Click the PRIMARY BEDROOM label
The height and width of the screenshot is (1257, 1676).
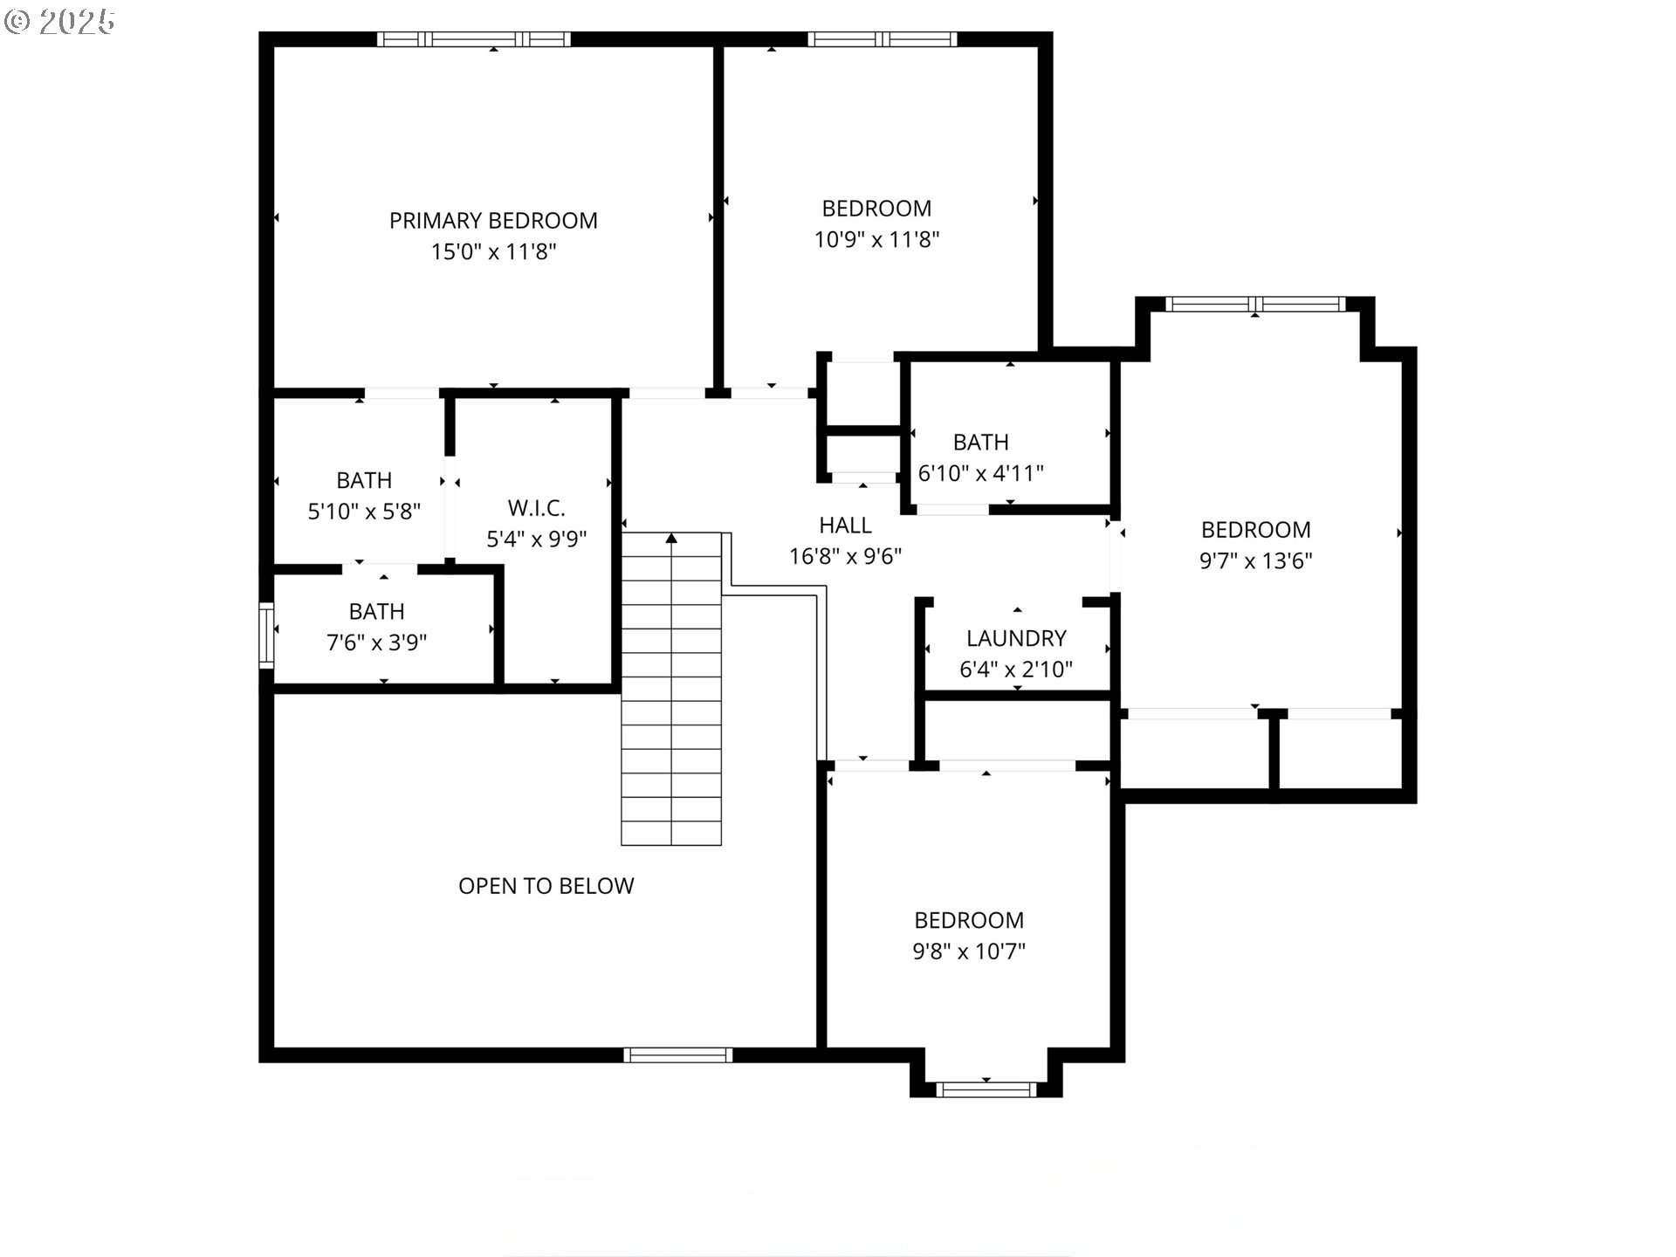click(x=493, y=221)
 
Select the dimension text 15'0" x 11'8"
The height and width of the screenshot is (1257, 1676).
click(x=493, y=252)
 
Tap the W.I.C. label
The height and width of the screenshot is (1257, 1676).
click(x=536, y=508)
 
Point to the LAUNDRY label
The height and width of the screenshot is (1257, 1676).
click(x=1016, y=638)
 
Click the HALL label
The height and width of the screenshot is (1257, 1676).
click(x=845, y=525)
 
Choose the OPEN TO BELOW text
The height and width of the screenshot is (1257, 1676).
click(x=546, y=886)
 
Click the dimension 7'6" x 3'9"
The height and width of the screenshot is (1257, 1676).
click(x=376, y=643)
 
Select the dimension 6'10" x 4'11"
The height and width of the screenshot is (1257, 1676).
click(x=980, y=473)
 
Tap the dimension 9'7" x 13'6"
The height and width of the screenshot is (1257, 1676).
click(x=1255, y=560)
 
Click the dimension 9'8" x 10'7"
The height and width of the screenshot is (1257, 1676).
click(x=968, y=951)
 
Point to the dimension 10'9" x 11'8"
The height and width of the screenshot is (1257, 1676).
click(x=876, y=239)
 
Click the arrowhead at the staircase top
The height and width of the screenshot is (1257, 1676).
click(x=671, y=539)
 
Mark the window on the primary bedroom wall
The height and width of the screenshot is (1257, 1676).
click(x=473, y=39)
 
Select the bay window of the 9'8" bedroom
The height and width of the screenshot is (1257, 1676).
click(x=986, y=1089)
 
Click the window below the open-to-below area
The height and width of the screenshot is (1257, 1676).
click(x=677, y=1055)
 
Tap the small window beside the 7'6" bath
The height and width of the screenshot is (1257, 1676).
click(x=266, y=635)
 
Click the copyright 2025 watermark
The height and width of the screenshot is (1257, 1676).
click(x=59, y=22)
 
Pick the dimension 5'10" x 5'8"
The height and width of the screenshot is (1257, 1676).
click(x=364, y=512)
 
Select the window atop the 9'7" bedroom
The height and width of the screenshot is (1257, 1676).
click(x=1254, y=304)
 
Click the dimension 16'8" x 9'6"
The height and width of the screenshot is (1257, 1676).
click(x=845, y=557)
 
